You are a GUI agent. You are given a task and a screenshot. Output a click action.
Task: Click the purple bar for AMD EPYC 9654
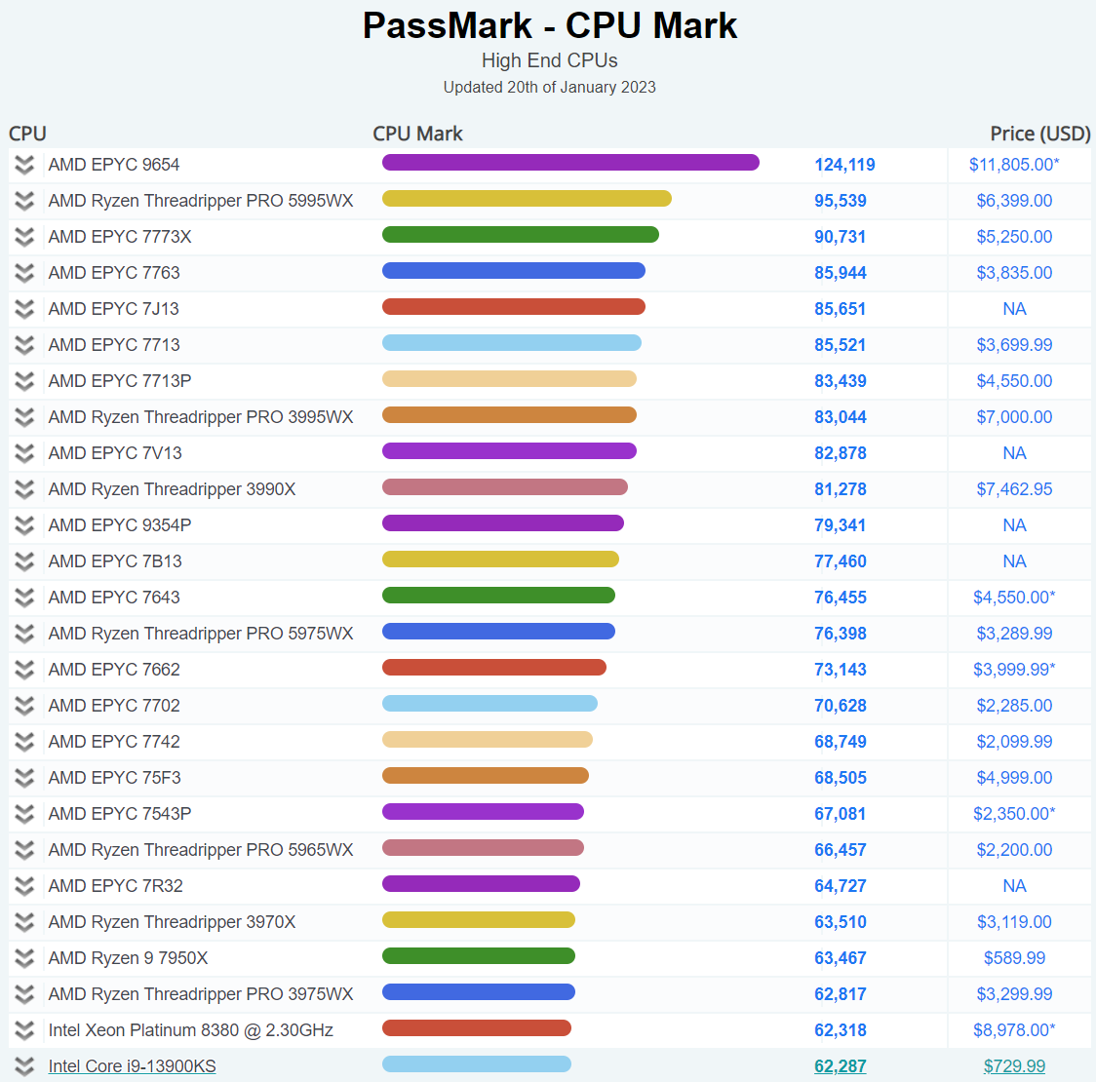point(570,163)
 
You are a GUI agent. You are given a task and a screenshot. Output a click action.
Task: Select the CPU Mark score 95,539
point(841,201)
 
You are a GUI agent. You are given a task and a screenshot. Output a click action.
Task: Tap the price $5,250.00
point(1014,237)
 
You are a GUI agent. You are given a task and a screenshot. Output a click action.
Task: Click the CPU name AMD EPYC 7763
point(114,273)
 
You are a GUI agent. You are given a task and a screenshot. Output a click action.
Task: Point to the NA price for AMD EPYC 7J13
point(1014,309)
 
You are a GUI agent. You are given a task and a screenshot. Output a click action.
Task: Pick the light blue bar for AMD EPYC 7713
point(511,343)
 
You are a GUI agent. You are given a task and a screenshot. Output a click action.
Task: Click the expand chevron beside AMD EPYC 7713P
point(24,381)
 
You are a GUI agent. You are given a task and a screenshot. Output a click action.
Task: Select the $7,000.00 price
point(1014,417)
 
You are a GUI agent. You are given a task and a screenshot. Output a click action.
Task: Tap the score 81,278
point(841,489)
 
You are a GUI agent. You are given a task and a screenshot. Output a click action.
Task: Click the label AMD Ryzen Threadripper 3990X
point(172,489)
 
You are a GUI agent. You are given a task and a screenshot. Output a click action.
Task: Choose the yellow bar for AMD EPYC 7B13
point(500,560)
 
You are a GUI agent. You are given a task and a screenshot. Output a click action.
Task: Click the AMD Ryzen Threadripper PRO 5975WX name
point(201,634)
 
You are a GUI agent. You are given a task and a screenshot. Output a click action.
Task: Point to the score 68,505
point(841,778)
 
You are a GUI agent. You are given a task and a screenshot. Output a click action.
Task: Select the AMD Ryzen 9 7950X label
point(128,958)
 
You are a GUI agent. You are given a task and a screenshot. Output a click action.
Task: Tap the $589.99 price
point(1014,958)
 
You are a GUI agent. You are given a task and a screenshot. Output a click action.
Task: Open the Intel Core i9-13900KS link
point(132,1066)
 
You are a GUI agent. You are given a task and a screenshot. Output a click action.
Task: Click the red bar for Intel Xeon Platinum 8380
point(476,1028)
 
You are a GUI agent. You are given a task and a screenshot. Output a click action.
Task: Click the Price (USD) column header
point(1039,134)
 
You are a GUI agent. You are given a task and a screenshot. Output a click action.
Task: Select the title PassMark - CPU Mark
point(549,25)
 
